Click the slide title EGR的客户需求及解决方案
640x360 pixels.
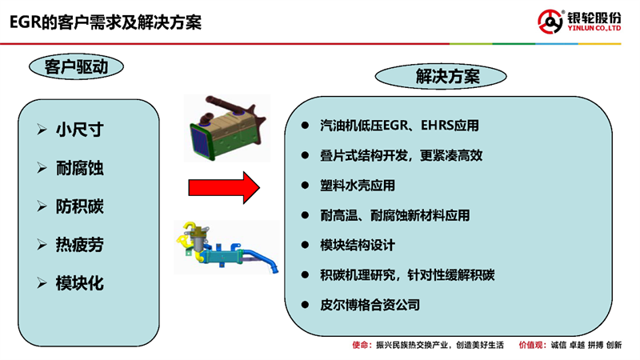(x=106, y=22)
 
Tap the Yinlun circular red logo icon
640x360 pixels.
(x=550, y=22)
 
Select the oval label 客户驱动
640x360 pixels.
(x=76, y=66)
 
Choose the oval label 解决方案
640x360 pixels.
(x=441, y=76)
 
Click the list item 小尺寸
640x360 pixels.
(x=79, y=130)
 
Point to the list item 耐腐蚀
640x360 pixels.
(x=79, y=168)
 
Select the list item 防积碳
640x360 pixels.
(x=79, y=206)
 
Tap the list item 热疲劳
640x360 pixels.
(x=79, y=245)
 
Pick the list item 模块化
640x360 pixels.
(x=79, y=283)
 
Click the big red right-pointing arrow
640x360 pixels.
(x=224, y=188)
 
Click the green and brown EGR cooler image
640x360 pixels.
(x=227, y=128)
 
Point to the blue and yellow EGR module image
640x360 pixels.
(x=227, y=248)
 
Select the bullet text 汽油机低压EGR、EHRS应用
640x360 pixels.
(x=399, y=126)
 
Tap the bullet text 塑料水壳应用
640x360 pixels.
(x=358, y=186)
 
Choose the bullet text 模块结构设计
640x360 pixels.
(x=358, y=246)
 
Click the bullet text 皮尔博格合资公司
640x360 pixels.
(x=370, y=305)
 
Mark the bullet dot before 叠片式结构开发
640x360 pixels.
(x=305, y=155)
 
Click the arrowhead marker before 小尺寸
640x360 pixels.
(x=42, y=130)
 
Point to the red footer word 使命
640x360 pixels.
(x=361, y=346)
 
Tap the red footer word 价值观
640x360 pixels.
(x=531, y=346)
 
